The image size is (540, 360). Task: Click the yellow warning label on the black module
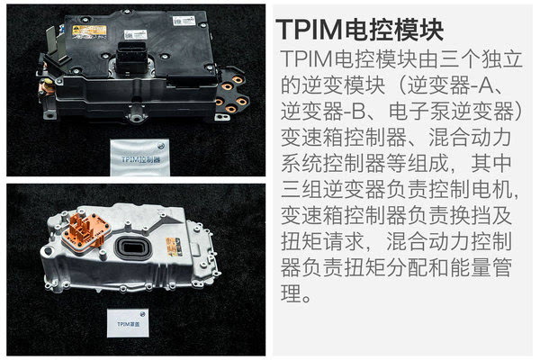(89, 31)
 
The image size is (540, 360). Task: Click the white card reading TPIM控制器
(139, 157)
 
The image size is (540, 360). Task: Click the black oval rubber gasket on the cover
(133, 247)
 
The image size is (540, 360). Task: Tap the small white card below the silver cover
(128, 323)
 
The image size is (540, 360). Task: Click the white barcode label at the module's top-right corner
(184, 21)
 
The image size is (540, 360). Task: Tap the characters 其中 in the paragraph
(491, 163)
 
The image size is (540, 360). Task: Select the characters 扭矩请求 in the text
(323, 241)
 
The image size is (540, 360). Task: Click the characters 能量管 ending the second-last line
(481, 267)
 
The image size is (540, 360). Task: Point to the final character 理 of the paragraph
(291, 293)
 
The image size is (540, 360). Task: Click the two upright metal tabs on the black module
(57, 43)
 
